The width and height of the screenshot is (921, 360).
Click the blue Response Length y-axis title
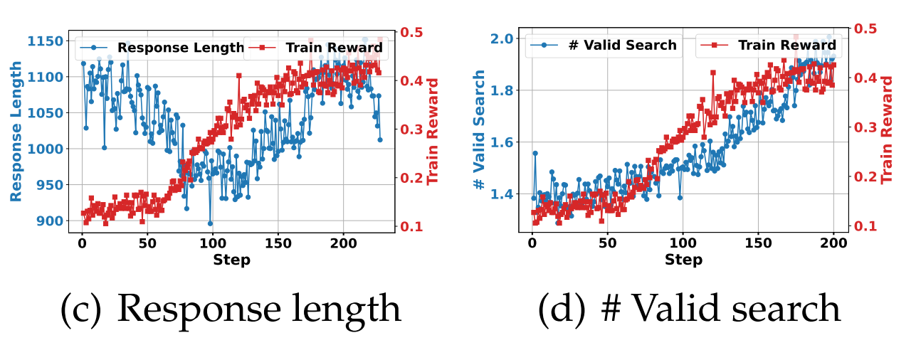[x=16, y=130]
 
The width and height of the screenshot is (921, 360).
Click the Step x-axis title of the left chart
[x=231, y=260]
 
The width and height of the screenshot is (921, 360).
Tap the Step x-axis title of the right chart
[x=683, y=260]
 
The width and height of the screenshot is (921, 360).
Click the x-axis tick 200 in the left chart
[x=344, y=242]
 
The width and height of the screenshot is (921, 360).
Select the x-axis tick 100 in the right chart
[x=683, y=242]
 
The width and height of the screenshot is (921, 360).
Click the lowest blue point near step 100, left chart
[x=210, y=223]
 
